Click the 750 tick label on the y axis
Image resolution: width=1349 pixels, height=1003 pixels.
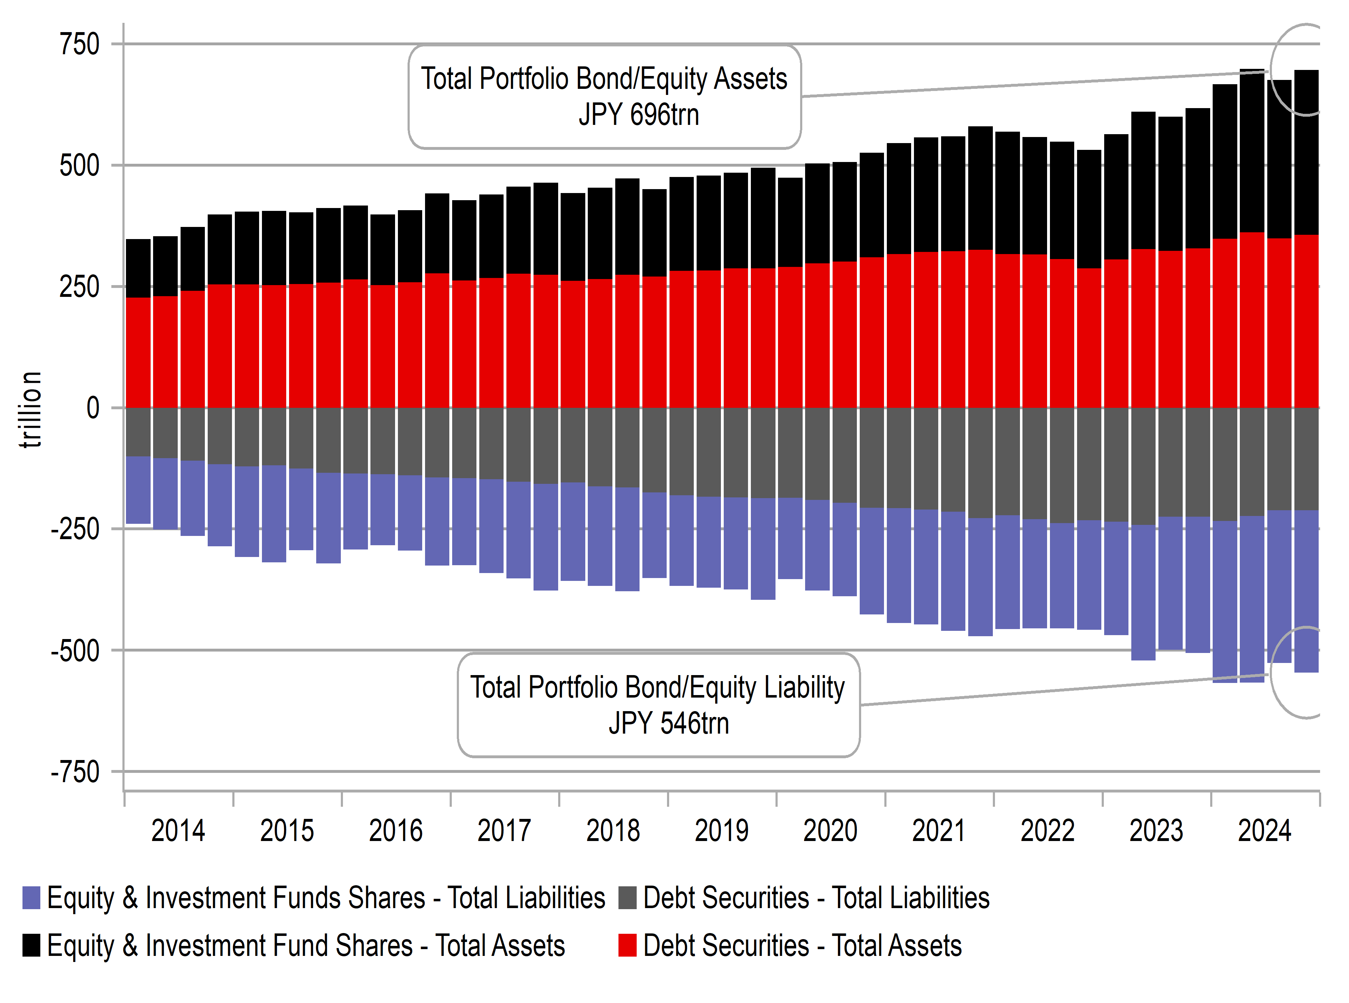(x=79, y=44)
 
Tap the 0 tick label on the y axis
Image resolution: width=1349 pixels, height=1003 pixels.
(x=92, y=408)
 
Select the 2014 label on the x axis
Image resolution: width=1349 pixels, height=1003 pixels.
(x=178, y=831)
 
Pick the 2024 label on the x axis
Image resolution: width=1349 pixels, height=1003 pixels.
(x=1265, y=831)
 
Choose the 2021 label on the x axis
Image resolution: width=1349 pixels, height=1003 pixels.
(x=939, y=831)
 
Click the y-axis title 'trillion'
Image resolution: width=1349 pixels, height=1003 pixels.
(x=30, y=410)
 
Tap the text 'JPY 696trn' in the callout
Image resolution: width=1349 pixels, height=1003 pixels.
(x=639, y=115)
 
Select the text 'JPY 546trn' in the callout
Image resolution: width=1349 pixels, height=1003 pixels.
(x=668, y=723)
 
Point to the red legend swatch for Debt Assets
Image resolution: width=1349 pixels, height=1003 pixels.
(x=627, y=945)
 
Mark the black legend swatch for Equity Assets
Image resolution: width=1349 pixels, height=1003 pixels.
(x=31, y=945)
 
